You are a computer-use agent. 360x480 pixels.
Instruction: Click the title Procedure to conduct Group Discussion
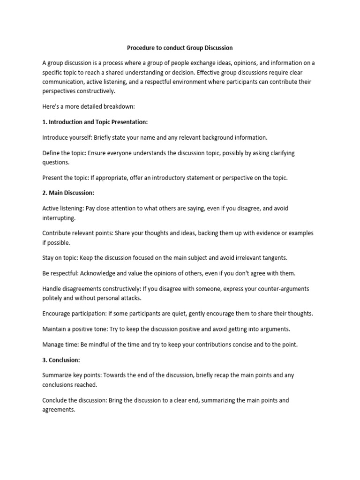click(x=180, y=48)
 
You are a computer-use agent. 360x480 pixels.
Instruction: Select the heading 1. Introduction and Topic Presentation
click(x=95, y=122)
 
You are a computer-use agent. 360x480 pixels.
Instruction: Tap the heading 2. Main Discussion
click(x=68, y=193)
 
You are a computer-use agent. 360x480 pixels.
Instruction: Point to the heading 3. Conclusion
click(x=61, y=360)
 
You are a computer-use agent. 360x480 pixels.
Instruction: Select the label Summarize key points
click(x=71, y=375)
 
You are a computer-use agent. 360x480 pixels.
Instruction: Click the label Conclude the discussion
click(x=75, y=400)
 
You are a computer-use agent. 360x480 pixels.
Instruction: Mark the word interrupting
click(x=59, y=217)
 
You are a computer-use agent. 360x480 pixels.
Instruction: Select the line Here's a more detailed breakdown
click(x=82, y=106)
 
